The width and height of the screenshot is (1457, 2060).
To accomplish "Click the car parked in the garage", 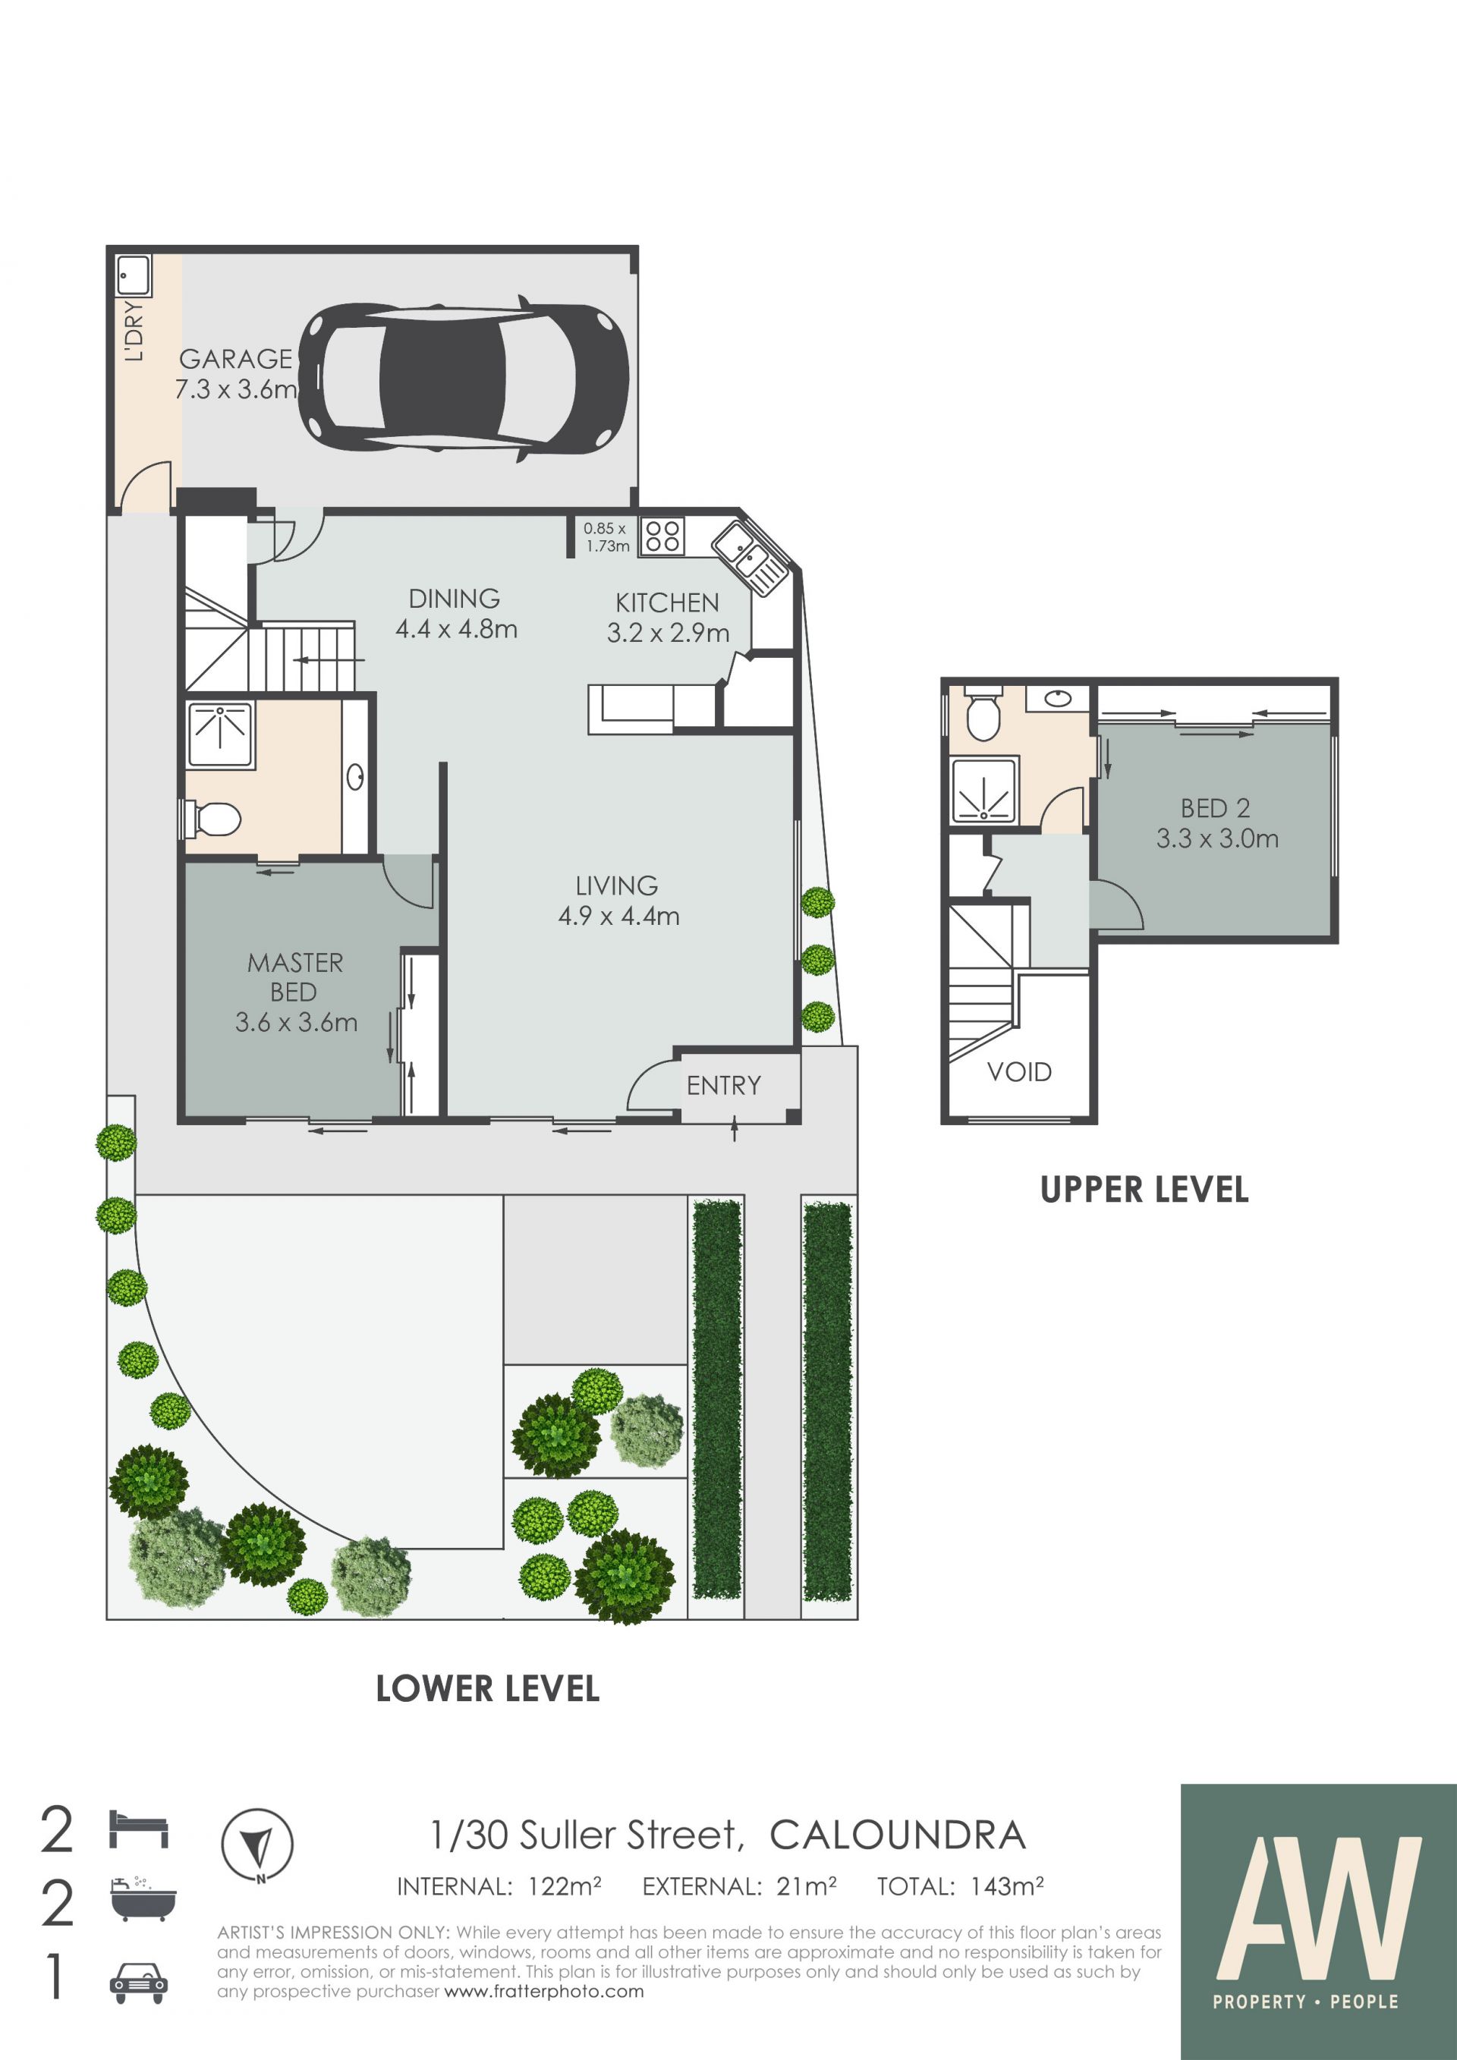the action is (x=463, y=380).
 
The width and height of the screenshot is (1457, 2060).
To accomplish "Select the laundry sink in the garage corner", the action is (x=134, y=275).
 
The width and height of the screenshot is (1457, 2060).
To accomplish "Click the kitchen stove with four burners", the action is (x=662, y=536).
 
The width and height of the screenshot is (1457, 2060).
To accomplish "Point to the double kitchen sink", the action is (x=749, y=558).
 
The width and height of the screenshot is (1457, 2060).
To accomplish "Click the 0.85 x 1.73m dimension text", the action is (x=606, y=537).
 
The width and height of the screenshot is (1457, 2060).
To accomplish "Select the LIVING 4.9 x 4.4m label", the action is (x=618, y=901).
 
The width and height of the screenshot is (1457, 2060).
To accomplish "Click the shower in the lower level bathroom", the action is (x=221, y=734).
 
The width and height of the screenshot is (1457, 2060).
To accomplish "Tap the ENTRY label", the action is (x=723, y=1086).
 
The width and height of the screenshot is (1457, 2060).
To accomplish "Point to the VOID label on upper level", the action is (x=1019, y=1071).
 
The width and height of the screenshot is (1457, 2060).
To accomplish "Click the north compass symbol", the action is (x=257, y=1845).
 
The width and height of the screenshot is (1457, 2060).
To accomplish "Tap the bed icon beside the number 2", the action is (x=138, y=1829).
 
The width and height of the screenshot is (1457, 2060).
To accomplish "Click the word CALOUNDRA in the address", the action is (x=897, y=1835).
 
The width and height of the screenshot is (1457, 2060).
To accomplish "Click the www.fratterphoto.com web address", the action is (x=545, y=1992).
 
